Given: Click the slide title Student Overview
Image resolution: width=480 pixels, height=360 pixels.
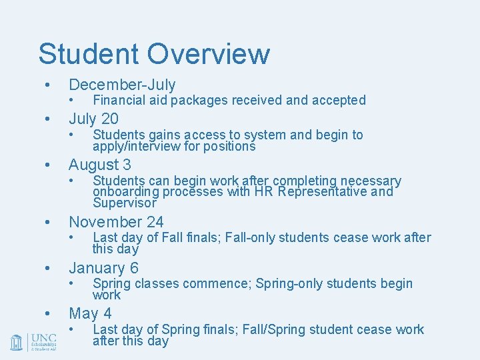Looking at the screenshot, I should (154, 54).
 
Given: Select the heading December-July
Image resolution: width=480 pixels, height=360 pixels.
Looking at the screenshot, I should (122, 85).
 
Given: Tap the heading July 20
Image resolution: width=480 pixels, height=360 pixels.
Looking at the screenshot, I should (93, 119).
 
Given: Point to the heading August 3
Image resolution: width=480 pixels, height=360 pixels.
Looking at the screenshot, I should (100, 164).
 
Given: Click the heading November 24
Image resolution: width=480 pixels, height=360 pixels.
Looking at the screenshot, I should (116, 222).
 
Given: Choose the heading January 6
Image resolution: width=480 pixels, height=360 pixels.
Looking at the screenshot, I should (103, 268).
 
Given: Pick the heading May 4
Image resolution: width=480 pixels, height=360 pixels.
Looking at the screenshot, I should (90, 313).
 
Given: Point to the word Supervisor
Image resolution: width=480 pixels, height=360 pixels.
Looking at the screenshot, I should (124, 203).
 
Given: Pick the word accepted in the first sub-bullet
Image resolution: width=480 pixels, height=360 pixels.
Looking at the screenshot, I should (340, 101).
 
